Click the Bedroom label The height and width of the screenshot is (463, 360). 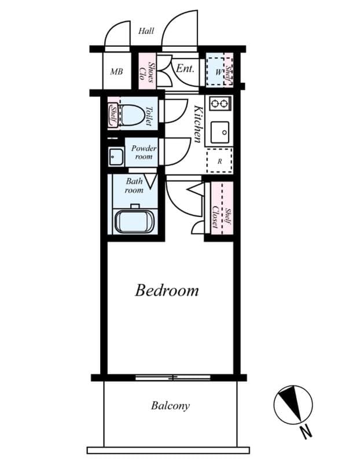(167, 290)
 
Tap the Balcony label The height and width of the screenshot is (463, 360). (170, 405)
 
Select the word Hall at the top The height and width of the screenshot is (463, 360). (146, 31)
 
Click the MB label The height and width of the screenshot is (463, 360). (116, 72)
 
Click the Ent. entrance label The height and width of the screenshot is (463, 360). (185, 69)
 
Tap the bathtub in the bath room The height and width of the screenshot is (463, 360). (134, 222)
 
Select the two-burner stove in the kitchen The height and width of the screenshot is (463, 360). (219, 104)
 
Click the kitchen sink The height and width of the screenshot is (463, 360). (219, 134)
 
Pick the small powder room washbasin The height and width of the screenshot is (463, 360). (115, 156)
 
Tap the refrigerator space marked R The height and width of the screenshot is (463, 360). (219, 161)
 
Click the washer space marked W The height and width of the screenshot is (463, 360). (218, 72)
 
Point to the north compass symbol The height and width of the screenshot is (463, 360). (293, 403)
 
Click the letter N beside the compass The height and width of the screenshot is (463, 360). (306, 431)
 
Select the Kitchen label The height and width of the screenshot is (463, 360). (197, 124)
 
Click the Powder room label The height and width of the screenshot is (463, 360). (143, 152)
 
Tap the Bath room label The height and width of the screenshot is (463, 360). (134, 185)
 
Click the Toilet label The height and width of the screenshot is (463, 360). (149, 116)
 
